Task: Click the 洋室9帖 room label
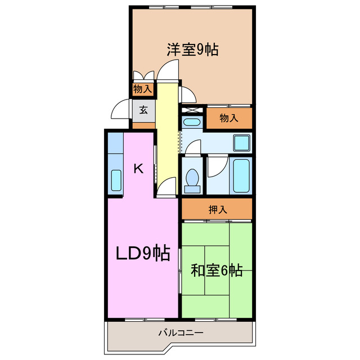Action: [x=192, y=49]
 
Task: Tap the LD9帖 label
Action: [x=143, y=254]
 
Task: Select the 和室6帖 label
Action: [x=217, y=271]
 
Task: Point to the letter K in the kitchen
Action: [x=139, y=168]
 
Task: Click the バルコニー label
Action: [x=180, y=333]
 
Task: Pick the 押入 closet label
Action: [x=218, y=210]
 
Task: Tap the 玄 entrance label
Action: [x=143, y=110]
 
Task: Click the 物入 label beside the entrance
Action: [x=142, y=89]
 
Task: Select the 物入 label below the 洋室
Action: [x=228, y=118]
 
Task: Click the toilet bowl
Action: [x=192, y=179]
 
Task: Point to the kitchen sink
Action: [x=116, y=180]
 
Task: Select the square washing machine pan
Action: [x=242, y=143]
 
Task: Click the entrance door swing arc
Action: [x=120, y=110]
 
